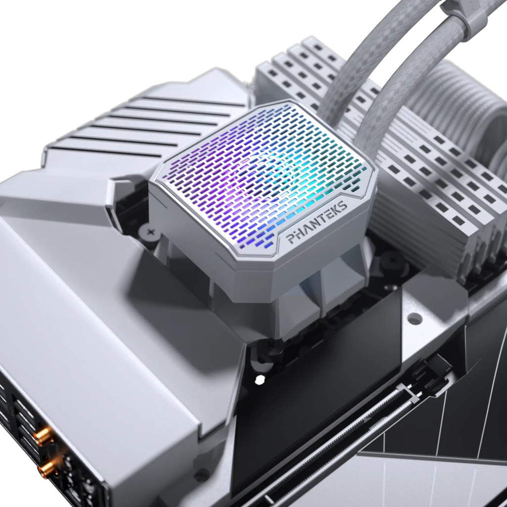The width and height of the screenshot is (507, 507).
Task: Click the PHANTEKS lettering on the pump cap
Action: coord(317,223)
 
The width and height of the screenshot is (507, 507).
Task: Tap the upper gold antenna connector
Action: coord(44,436)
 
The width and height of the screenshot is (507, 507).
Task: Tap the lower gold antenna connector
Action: coord(47,468)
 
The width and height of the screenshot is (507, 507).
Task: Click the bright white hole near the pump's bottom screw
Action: coord(259,380)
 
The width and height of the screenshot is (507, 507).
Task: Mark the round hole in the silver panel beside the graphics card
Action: coord(415,319)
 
